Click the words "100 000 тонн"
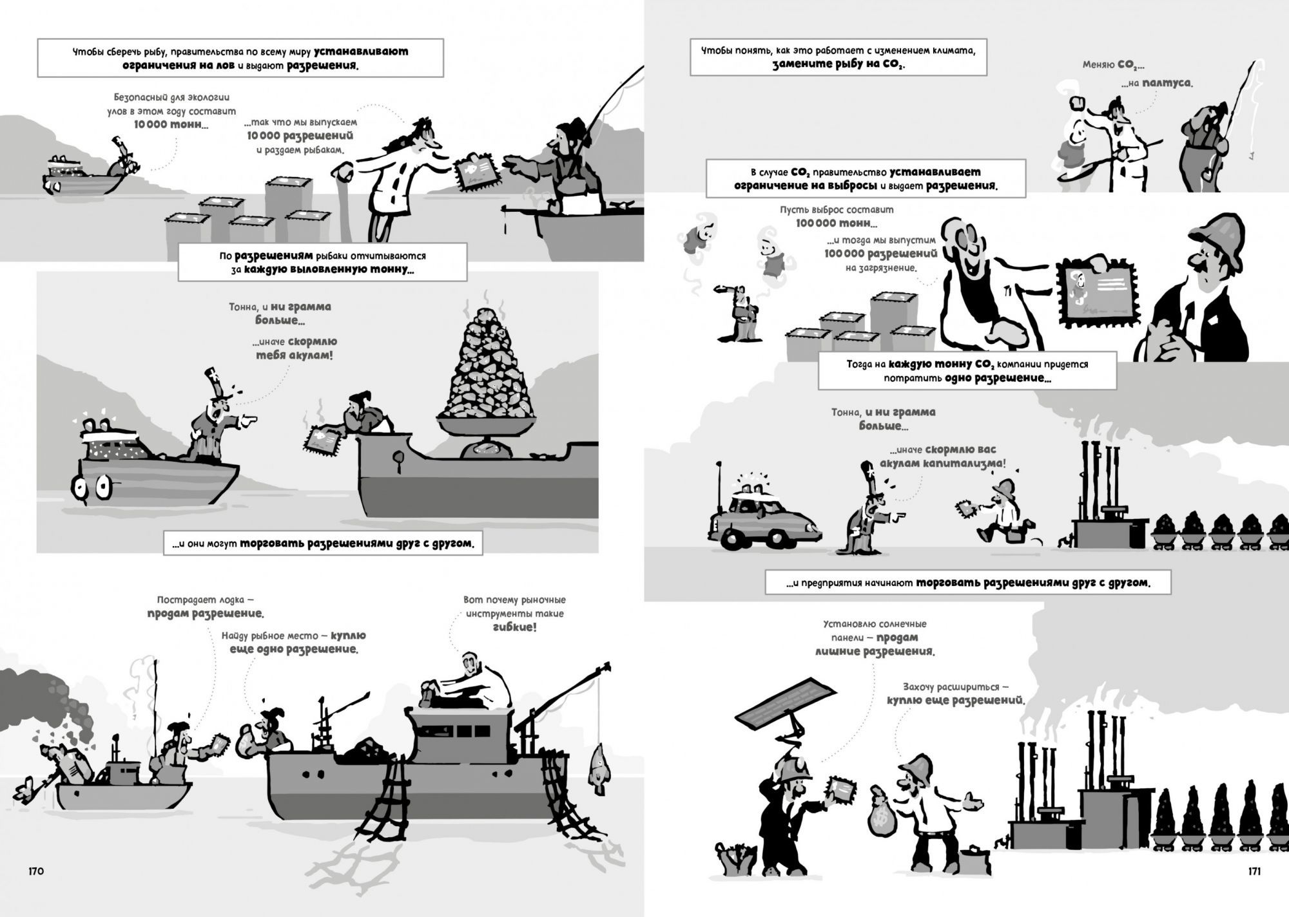click(x=837, y=223)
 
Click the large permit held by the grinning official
click(x=1094, y=294)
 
